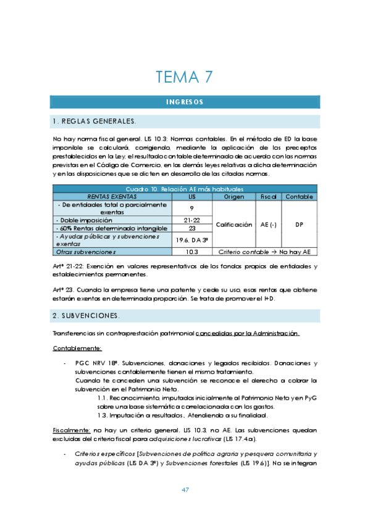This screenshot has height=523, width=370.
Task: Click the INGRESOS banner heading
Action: (x=185, y=102)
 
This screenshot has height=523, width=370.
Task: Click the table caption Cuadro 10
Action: (x=185, y=188)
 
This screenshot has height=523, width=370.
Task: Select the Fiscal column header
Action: (x=268, y=196)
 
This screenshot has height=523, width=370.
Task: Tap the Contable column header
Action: (x=299, y=196)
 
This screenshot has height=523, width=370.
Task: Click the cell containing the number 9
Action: (x=191, y=208)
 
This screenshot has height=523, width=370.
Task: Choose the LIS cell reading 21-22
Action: (x=191, y=220)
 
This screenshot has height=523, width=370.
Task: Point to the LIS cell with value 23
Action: (x=191, y=228)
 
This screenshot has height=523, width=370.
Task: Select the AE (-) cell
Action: (x=268, y=224)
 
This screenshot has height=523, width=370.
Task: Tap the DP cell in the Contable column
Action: (x=299, y=224)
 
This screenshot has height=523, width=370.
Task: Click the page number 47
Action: (x=185, y=490)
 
